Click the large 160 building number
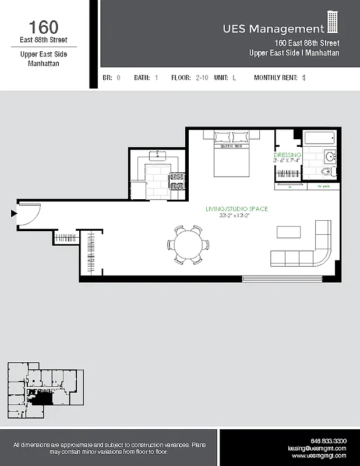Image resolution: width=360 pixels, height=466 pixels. [x=44, y=27]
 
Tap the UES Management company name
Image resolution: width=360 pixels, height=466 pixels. [x=273, y=29]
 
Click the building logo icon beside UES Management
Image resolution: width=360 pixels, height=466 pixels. [x=333, y=23]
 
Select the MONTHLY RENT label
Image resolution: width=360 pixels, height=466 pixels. [x=276, y=77]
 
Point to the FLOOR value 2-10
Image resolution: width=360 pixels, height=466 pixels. [x=201, y=77]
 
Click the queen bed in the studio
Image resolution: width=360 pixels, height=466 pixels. [x=232, y=154]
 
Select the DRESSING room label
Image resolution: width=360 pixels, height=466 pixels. [x=288, y=155]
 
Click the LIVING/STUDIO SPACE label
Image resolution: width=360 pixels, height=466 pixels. [x=237, y=209]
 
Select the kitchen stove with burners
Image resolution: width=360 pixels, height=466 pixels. [x=177, y=181]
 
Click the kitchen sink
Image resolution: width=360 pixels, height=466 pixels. [x=157, y=156]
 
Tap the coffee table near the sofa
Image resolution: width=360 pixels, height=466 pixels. [x=290, y=232]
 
